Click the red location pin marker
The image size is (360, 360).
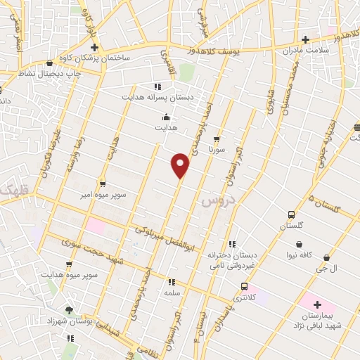[x=181, y=166]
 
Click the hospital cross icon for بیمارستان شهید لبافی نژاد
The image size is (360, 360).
[x=316, y=305]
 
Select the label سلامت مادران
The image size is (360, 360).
[x=306, y=51]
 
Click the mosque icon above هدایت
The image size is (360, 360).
[x=166, y=117]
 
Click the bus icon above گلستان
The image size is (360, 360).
[x=291, y=214]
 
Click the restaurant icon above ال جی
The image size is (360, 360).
[x=324, y=257]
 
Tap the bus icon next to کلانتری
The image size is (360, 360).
[x=244, y=287]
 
